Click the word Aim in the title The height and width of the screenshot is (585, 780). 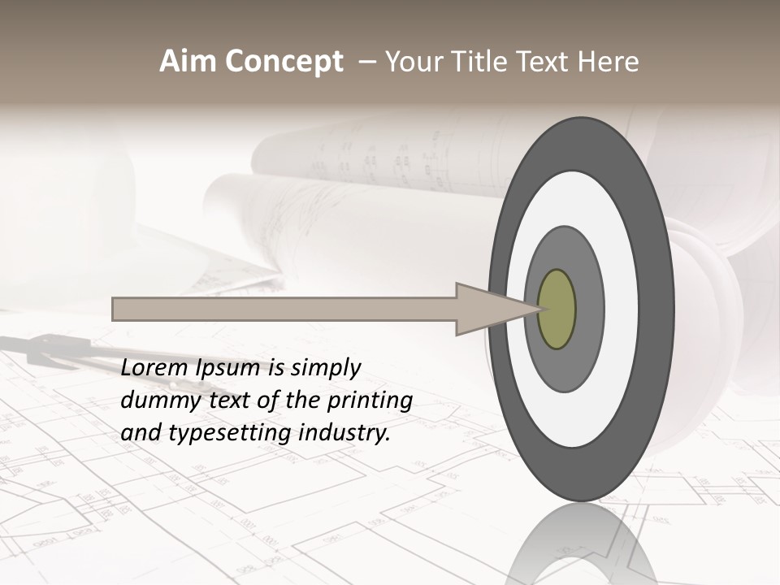tap(188, 62)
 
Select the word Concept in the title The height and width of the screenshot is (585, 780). tap(284, 62)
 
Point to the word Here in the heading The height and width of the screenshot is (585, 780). tap(609, 62)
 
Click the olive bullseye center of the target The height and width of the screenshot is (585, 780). tap(557, 310)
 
